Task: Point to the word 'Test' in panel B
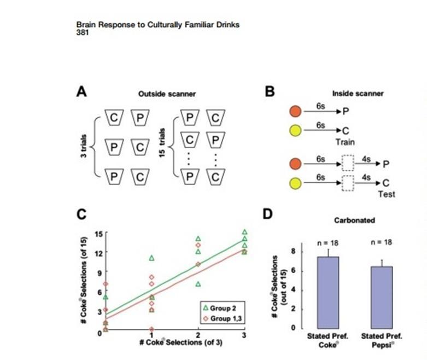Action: click(386, 194)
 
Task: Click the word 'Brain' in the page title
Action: click(86, 25)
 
